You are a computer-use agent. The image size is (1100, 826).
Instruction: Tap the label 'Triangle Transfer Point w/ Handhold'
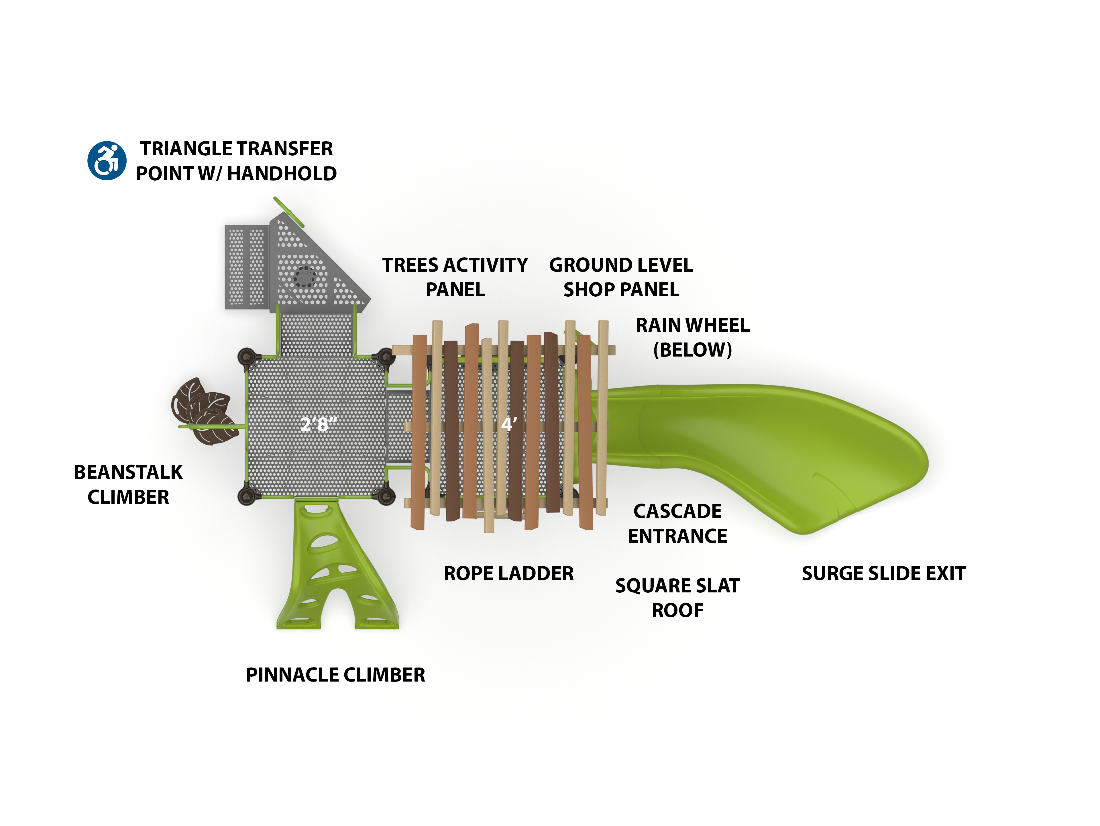[236, 161]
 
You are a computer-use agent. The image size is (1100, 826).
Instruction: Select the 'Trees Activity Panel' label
[455, 277]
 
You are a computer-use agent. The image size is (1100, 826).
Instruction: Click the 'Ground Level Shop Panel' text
[621, 277]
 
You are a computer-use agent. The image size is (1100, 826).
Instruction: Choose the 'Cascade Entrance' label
[677, 523]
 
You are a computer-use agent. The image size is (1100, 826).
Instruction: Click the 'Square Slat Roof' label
[677, 598]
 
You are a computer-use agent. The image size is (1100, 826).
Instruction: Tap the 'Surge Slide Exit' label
[883, 573]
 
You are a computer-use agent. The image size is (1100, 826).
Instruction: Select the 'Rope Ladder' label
[508, 573]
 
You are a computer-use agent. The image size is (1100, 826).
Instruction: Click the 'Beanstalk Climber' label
[128, 484]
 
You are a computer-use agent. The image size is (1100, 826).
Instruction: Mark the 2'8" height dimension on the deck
[318, 424]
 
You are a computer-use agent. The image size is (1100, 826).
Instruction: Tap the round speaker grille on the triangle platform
[304, 277]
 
